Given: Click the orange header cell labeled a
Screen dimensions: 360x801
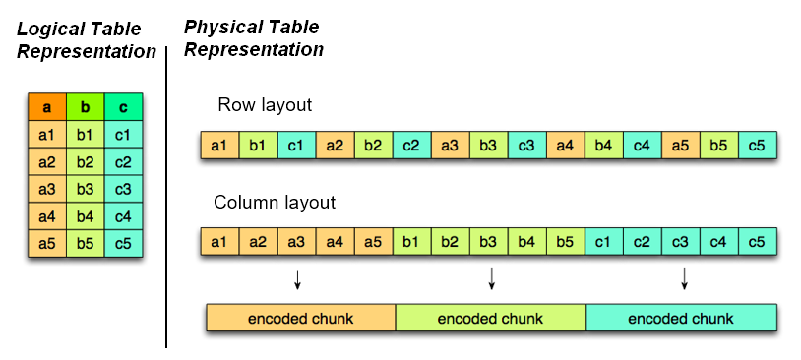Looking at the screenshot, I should (x=46, y=106).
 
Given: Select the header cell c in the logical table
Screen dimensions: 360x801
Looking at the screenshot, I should (x=123, y=106).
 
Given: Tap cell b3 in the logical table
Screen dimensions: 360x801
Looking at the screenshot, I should (x=85, y=189).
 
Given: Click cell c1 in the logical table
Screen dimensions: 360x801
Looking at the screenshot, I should (x=123, y=134).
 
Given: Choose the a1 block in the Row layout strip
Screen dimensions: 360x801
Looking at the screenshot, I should (x=218, y=147).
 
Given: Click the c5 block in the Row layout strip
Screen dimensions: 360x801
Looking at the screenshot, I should (x=758, y=147).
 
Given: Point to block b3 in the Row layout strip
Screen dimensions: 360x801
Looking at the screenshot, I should (x=488, y=147).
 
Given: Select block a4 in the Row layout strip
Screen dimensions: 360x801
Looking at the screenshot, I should (x=565, y=147).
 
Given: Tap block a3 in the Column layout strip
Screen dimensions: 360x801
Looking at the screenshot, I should (x=295, y=242).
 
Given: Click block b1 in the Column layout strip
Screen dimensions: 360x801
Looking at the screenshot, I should (x=411, y=242).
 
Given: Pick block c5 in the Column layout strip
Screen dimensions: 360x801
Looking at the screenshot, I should (x=758, y=242).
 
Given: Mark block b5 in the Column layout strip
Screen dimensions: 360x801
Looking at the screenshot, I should (x=565, y=242).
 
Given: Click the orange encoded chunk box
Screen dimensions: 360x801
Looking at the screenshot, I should (x=300, y=318).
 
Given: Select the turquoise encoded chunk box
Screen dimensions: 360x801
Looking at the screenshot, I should (x=681, y=318).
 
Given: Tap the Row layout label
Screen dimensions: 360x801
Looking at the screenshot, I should (x=266, y=105).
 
